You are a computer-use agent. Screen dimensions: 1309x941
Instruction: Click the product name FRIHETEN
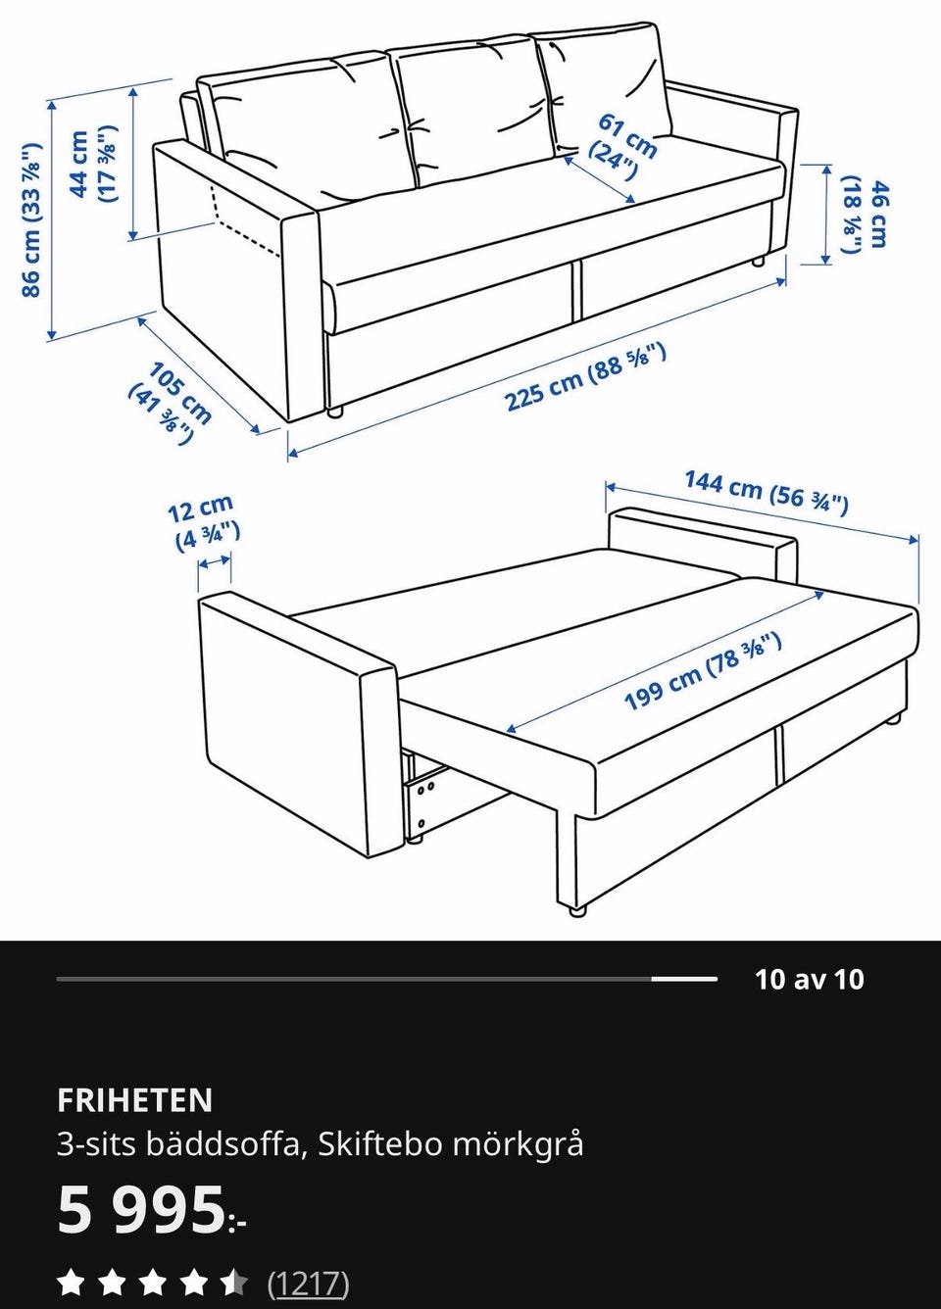point(134,1100)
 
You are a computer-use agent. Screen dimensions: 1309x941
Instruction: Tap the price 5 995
point(142,1210)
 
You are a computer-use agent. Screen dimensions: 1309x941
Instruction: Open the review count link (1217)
point(308,1283)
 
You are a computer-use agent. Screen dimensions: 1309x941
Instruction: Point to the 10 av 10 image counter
point(809,979)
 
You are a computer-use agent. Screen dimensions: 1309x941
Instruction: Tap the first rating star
point(70,1283)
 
